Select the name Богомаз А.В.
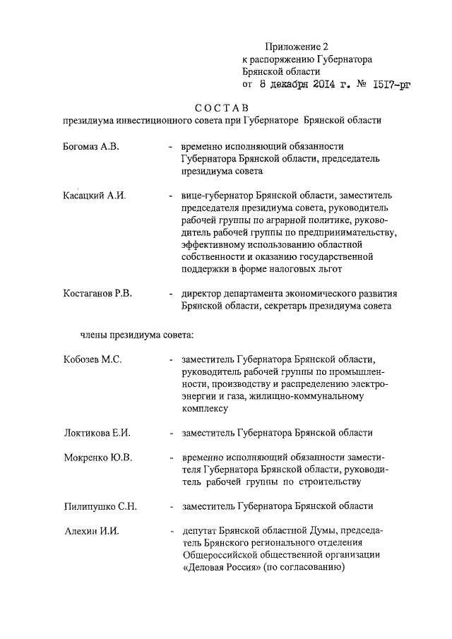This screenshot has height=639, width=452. pyautogui.click(x=91, y=145)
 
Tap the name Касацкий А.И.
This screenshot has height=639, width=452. pyautogui.click(x=93, y=194)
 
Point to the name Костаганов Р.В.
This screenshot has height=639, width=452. pyautogui.click(x=97, y=292)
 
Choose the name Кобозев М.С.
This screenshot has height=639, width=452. pyautogui.click(x=92, y=359)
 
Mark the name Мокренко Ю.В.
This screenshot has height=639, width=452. pyautogui.click(x=97, y=458)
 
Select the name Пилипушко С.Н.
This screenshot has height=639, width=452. pyautogui.click(x=100, y=506)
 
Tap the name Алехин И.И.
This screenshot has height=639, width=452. pyautogui.click(x=89, y=530)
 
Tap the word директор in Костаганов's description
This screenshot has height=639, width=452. pyautogui.click(x=203, y=292)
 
